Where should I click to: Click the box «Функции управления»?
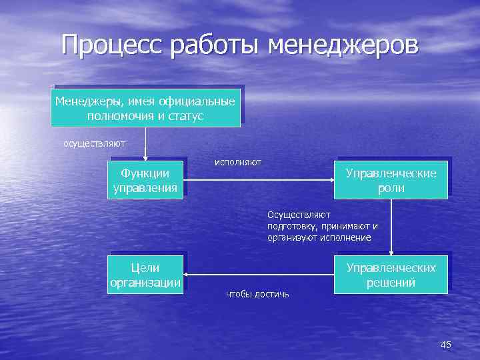point(145,180)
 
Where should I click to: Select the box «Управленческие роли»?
point(391,180)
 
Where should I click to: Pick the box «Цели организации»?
point(145,275)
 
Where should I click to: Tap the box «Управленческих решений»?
point(391,275)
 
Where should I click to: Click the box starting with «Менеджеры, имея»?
point(145,108)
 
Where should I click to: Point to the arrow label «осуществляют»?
point(94,143)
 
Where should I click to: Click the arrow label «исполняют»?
point(237,162)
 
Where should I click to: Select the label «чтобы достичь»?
point(257,294)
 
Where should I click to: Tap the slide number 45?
point(446,344)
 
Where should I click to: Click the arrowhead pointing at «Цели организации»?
point(187,274)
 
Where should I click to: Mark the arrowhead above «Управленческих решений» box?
point(391,252)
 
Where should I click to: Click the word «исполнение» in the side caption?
point(349,237)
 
